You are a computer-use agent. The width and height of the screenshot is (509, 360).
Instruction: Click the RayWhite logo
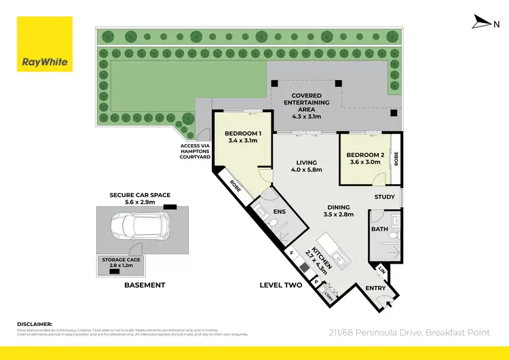(44, 45)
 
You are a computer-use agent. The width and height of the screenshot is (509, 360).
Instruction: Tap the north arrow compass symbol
(483, 23)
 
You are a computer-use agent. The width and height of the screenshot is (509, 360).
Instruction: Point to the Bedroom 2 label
(366, 159)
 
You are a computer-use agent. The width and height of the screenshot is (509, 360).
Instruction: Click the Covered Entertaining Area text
(309, 106)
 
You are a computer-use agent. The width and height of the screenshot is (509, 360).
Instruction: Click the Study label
(385, 198)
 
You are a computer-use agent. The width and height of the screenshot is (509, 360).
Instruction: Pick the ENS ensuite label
(279, 211)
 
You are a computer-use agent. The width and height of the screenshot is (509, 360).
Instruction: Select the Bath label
(379, 230)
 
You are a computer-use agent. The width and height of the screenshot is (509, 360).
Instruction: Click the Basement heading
(145, 285)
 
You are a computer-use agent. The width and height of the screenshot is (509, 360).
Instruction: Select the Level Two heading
(281, 285)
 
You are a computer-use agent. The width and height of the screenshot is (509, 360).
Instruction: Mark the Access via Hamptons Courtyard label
(195, 151)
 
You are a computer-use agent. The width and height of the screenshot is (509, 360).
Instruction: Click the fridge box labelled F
(293, 253)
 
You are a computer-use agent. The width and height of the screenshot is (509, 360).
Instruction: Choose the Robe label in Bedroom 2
(397, 159)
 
